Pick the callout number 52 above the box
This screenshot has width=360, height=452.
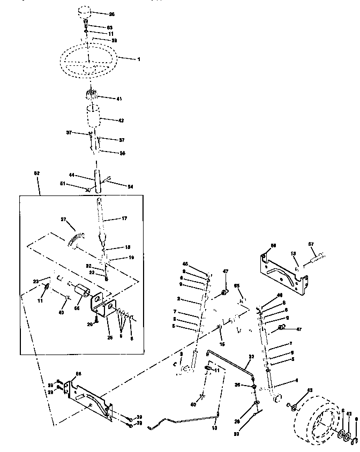pos(36,174)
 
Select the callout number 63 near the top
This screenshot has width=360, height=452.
pos(109,27)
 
